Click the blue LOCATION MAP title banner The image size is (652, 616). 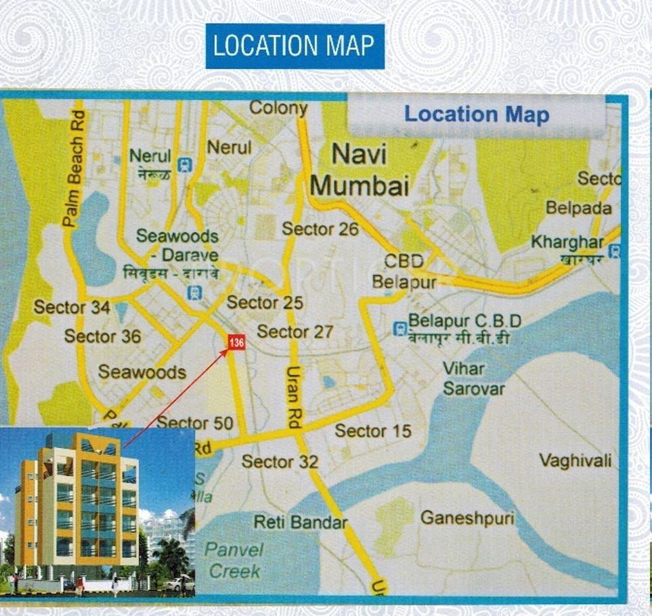tap(295, 46)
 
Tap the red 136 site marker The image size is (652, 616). tap(236, 343)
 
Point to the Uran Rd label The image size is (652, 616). tap(293, 397)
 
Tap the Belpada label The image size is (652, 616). tap(578, 208)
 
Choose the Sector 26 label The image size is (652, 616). tap(320, 229)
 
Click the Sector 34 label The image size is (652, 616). tap(72, 307)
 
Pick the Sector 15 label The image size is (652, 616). tap(373, 431)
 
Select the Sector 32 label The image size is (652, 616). tap(280, 462)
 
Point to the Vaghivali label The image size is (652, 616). tap(575, 461)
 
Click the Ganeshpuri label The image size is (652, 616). tap(467, 519)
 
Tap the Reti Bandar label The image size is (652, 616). tap(301, 522)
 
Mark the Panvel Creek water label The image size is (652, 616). tap(234, 560)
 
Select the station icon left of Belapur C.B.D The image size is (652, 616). tap(400, 329)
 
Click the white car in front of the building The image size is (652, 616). tap(177, 584)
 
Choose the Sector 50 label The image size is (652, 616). tap(194, 424)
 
